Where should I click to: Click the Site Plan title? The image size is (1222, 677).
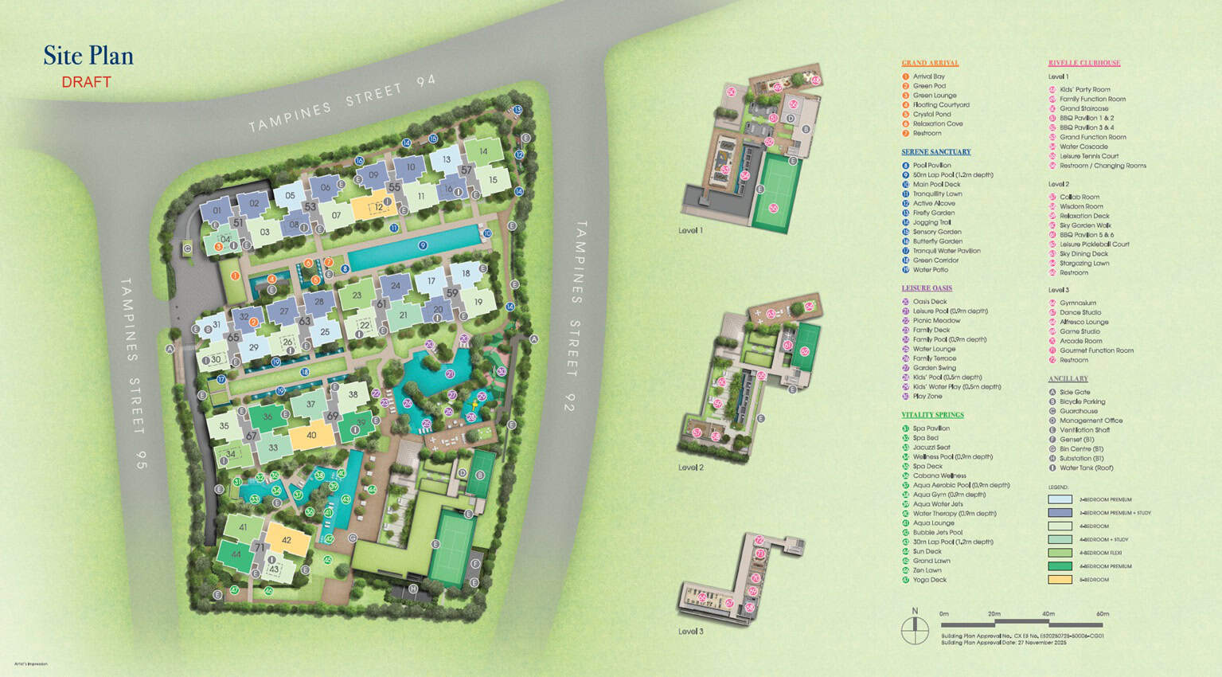click(x=88, y=56)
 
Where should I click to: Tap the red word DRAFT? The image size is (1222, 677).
click(x=86, y=82)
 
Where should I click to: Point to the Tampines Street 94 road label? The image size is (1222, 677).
click(x=342, y=104)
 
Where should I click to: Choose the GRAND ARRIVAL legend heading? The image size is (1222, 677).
click(x=929, y=63)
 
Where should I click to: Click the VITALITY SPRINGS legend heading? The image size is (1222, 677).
click(x=932, y=415)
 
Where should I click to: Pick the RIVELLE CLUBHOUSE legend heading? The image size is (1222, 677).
click(x=1083, y=63)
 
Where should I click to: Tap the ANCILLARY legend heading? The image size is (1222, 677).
click(x=1068, y=379)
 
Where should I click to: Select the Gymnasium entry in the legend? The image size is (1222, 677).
click(x=1077, y=303)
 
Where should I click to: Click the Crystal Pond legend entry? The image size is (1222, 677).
click(x=931, y=115)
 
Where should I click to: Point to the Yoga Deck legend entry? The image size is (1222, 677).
click(x=929, y=580)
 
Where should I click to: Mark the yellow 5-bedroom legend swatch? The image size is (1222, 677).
click(x=1060, y=580)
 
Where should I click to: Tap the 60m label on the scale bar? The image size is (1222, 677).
click(x=1102, y=614)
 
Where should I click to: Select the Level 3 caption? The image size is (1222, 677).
click(x=690, y=632)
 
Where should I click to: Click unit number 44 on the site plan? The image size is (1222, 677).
click(x=236, y=554)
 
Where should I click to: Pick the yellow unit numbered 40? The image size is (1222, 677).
click(x=310, y=436)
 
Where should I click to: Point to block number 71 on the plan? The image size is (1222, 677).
click(x=260, y=548)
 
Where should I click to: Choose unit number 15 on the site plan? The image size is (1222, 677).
click(x=493, y=180)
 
